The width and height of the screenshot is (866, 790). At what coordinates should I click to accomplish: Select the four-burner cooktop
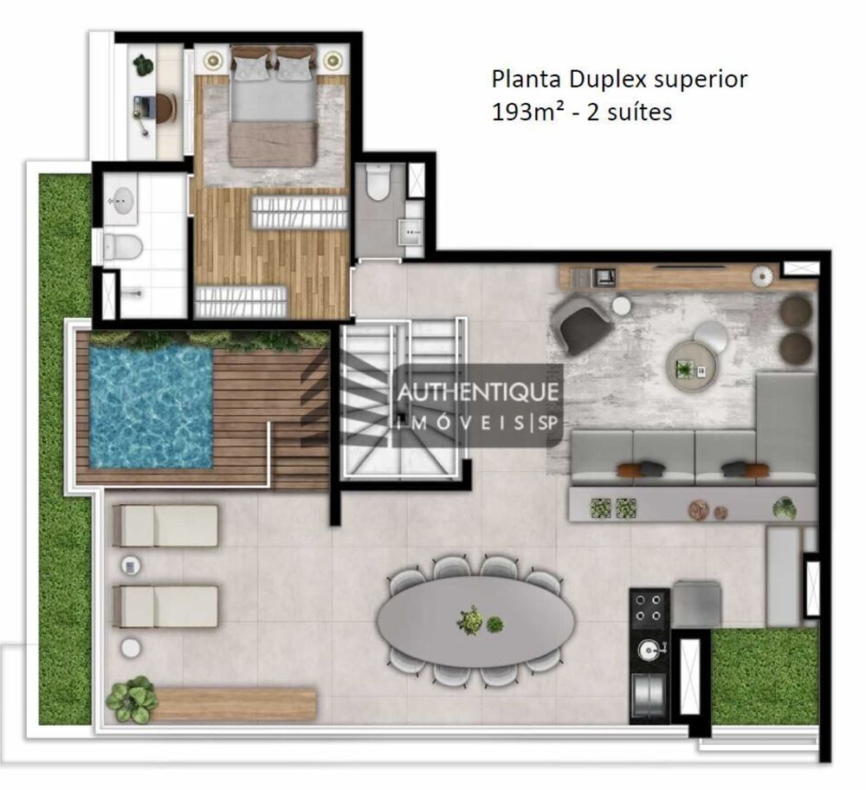point(649,608)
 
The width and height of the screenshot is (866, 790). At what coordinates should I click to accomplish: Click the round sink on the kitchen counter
point(648,651)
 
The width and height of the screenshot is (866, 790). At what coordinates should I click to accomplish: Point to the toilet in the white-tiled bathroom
point(123,247)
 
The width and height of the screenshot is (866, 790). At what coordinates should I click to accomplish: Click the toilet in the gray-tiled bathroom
point(379,182)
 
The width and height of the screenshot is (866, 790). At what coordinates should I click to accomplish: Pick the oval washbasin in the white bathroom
point(121,199)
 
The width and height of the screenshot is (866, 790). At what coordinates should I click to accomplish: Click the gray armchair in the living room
point(583,323)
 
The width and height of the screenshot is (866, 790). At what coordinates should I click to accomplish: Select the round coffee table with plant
point(691,366)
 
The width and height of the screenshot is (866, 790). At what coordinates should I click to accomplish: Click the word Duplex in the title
point(608,80)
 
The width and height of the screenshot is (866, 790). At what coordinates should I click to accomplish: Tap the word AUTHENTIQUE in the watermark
point(478,392)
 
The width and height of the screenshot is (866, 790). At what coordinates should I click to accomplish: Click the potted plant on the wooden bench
point(132,700)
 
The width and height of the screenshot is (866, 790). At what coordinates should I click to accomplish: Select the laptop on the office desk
point(142,107)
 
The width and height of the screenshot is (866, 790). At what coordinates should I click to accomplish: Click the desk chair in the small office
point(165,107)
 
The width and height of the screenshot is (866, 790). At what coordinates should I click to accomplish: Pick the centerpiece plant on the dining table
point(470,620)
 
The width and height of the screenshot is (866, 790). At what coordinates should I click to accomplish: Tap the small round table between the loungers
point(131,565)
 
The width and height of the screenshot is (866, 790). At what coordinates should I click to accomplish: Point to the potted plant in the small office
point(144,65)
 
